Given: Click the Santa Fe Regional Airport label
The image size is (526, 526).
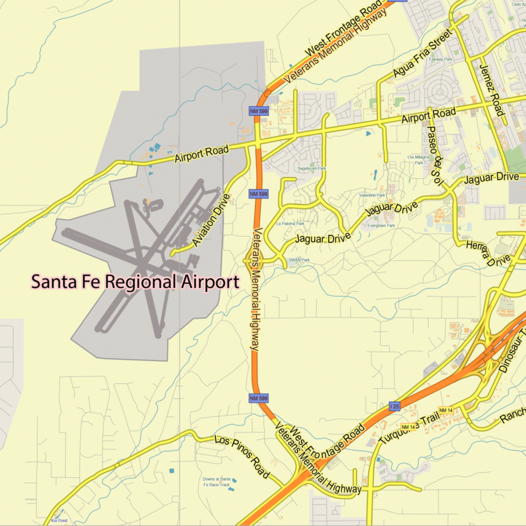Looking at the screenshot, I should [135, 282].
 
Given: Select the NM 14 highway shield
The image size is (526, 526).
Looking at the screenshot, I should [446, 411].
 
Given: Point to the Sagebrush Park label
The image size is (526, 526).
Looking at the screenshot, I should [312, 168].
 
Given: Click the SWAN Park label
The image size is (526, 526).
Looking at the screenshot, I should [299, 260].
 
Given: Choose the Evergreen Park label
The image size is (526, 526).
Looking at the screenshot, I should [381, 226].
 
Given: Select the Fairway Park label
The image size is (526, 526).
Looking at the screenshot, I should [441, 59].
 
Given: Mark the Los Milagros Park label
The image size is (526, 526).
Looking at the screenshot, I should [419, 160].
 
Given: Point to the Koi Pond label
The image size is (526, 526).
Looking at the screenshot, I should [59, 520].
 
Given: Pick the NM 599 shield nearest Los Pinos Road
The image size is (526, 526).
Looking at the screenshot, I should [258, 398].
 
